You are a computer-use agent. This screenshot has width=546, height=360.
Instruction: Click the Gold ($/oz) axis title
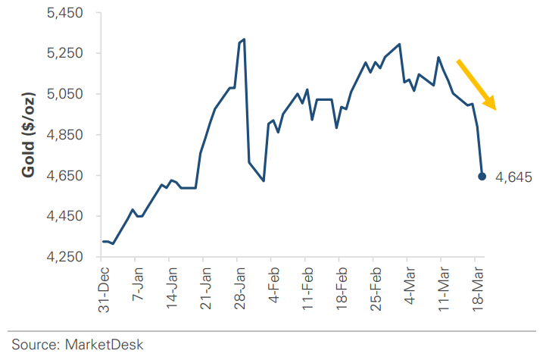click(28, 136)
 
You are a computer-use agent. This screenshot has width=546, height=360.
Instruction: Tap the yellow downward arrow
click(476, 84)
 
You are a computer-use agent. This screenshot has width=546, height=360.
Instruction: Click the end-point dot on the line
click(482, 177)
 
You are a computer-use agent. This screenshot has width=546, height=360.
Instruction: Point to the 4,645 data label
click(514, 177)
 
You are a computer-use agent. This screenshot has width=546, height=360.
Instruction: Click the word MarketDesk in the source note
click(105, 344)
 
